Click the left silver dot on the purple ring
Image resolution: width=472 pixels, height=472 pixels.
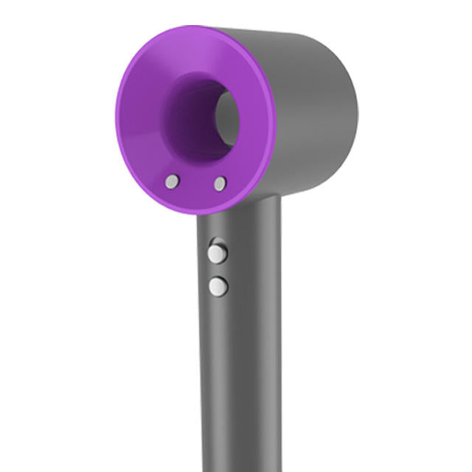[172, 181]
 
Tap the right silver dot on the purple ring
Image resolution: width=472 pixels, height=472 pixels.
[220, 184]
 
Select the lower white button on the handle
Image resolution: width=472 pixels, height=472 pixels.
[218, 286]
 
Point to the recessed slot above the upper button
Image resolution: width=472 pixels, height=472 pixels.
[216, 241]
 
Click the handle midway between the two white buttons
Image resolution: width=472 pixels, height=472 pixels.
[218, 270]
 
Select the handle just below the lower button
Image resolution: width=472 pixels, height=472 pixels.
[218, 310]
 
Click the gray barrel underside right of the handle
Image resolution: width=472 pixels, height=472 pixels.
[310, 184]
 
